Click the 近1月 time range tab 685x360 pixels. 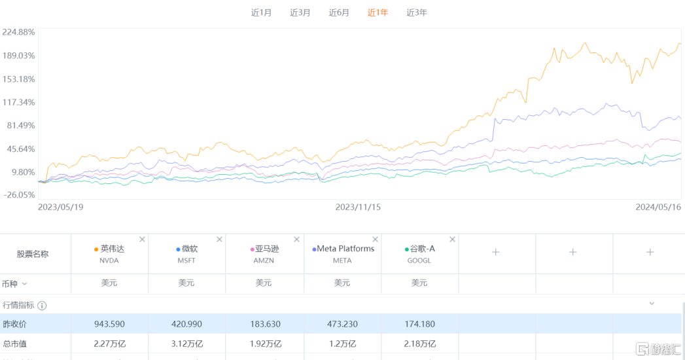click(261, 12)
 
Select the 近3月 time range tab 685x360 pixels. click(300, 12)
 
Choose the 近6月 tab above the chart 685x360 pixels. click(339, 12)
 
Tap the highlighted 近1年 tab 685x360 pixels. click(378, 12)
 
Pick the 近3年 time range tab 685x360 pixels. click(417, 12)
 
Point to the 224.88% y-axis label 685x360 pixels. click(18, 32)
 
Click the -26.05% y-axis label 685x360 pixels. click(18, 195)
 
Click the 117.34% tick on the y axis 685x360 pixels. click(18, 102)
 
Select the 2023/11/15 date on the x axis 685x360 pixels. click(358, 207)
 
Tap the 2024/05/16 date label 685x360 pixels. click(659, 207)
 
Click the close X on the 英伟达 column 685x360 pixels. click(142, 240)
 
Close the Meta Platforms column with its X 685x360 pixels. click(375, 240)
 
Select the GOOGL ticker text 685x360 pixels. click(419, 261)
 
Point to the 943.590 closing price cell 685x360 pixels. click(109, 324)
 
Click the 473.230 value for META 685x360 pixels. click(342, 324)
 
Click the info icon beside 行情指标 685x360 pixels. click(42, 306)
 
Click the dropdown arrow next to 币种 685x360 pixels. click(25, 283)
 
